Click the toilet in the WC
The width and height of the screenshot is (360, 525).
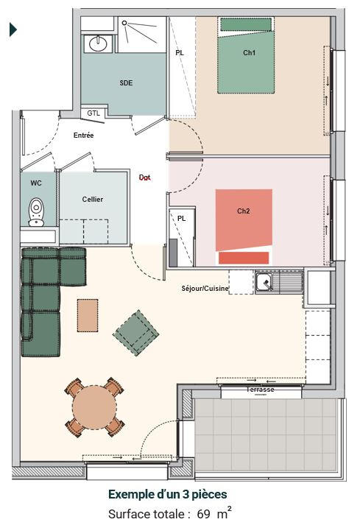pyautogui.click(x=35, y=212)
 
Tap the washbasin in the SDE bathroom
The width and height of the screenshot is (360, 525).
pyautogui.click(x=96, y=43)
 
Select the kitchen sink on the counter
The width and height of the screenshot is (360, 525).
pyautogui.click(x=264, y=280)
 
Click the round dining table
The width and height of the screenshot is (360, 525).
pyautogui.click(x=93, y=406)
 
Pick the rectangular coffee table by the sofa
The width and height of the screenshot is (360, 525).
pyautogui.click(x=88, y=315)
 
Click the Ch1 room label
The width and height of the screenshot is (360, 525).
pyautogui.click(x=249, y=53)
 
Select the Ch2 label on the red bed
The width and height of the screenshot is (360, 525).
pyautogui.click(x=244, y=211)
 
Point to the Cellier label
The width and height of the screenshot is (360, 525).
pyautogui.click(x=93, y=200)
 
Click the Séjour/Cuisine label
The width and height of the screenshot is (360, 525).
pyautogui.click(x=205, y=288)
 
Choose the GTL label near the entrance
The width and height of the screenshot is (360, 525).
pyautogui.click(x=93, y=113)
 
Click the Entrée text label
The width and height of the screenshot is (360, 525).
pyautogui.click(x=83, y=135)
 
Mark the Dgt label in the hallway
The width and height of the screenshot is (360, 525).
pyautogui.click(x=145, y=177)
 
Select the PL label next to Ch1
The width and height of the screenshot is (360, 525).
pyautogui.click(x=180, y=53)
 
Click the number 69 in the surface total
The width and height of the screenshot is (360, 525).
pyautogui.click(x=203, y=514)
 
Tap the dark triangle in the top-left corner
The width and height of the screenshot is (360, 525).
pyautogui.click(x=13, y=29)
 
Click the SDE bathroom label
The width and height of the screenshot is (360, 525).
pyautogui.click(x=126, y=83)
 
